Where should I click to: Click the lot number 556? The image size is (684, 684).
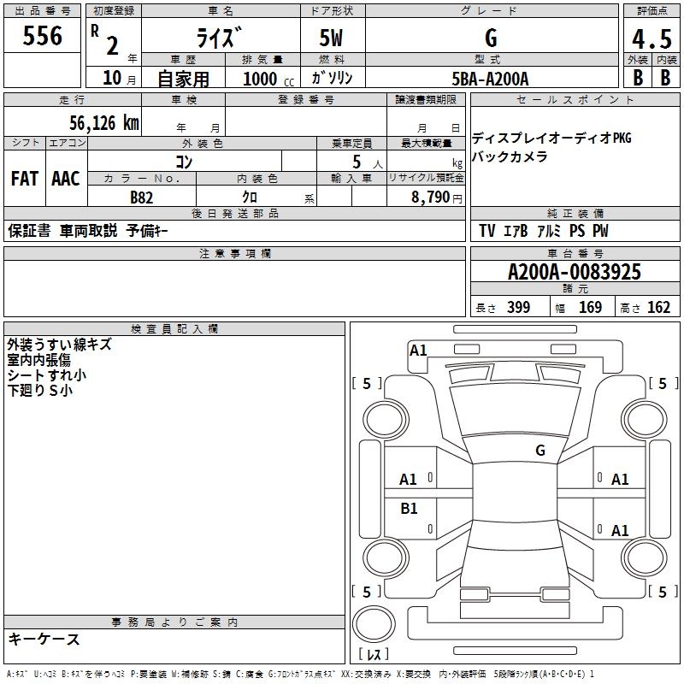tap(43, 36)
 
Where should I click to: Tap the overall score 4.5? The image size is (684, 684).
tap(652, 40)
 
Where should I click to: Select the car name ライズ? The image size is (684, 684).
tap(220, 38)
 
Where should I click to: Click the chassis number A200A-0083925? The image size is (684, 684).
tap(574, 273)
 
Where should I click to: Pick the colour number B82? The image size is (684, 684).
tap(142, 197)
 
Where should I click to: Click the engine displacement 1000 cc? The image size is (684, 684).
tap(266, 79)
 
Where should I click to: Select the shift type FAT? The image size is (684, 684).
tap(24, 179)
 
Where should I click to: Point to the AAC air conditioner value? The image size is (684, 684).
tap(66, 179)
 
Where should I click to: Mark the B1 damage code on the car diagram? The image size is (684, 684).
tap(409, 509)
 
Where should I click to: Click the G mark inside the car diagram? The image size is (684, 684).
tap(540, 451)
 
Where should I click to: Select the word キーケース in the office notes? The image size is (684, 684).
tap(44, 640)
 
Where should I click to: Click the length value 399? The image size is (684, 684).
tap(518, 308)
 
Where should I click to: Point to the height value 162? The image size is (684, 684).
tap(658, 308)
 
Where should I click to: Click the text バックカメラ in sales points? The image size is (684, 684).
tap(510, 156)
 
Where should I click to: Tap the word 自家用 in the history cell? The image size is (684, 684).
tap(183, 79)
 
